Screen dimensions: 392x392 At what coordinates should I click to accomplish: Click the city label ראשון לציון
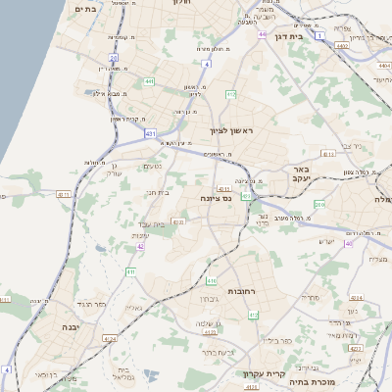231,130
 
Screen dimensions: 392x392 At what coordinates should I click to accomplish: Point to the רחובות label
241,291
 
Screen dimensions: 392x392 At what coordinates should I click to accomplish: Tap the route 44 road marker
263,34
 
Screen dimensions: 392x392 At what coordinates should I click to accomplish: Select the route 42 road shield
141,246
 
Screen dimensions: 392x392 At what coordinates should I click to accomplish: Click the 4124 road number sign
110,339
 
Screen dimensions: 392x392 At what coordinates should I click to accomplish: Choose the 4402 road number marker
342,45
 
